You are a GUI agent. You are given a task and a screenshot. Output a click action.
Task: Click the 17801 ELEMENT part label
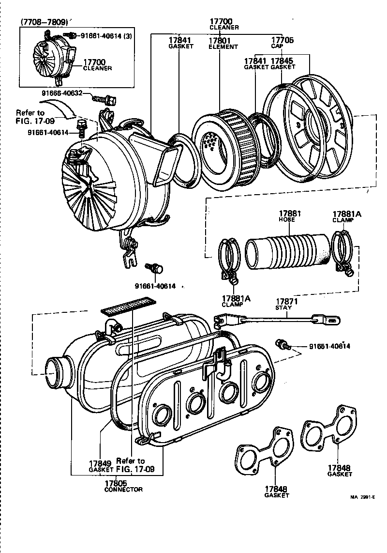223,44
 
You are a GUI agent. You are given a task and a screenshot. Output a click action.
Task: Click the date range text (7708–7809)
44,22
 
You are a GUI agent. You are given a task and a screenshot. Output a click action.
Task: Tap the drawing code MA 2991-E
363,497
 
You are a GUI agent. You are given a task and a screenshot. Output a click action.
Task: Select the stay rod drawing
276,319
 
